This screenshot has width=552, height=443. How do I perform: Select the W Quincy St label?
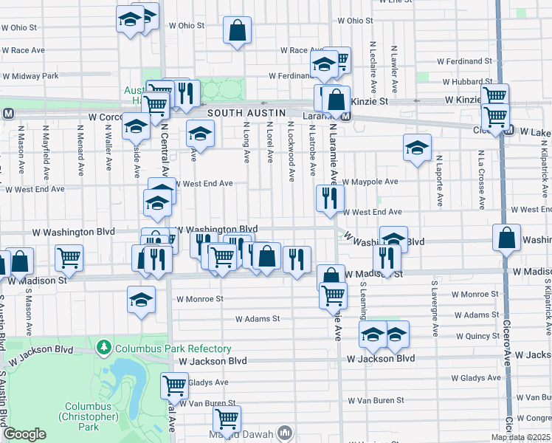click(476, 336)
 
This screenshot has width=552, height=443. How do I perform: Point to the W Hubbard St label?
click(467, 82)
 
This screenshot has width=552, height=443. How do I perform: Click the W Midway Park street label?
click(30, 76)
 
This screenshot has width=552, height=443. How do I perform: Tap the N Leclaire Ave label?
click(374, 66)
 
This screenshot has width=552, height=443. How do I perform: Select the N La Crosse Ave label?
click(480, 179)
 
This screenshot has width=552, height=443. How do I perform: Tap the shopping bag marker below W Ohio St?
click(237, 32)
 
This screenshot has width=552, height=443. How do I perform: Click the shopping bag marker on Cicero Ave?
click(506, 238)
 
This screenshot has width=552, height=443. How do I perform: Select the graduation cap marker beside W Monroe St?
click(141, 300)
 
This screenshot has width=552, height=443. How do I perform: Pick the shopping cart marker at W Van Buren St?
click(227, 419)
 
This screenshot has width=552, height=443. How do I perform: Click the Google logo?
click(25, 434)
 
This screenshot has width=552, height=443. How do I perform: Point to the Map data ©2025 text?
click(520, 437)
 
